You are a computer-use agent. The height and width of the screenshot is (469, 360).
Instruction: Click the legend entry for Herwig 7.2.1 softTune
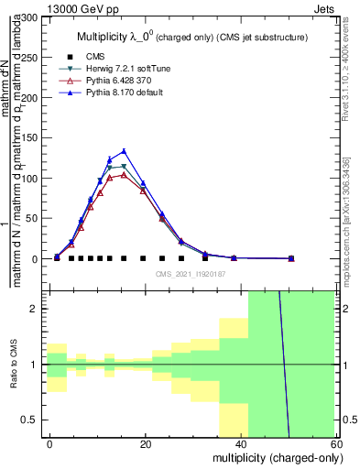pos(123,68)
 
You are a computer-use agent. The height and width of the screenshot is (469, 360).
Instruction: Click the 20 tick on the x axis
pos(146,445)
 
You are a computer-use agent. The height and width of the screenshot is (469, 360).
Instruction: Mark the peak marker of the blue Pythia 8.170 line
pos(124,151)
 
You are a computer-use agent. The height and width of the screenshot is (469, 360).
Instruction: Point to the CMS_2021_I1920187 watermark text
pos(190,274)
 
